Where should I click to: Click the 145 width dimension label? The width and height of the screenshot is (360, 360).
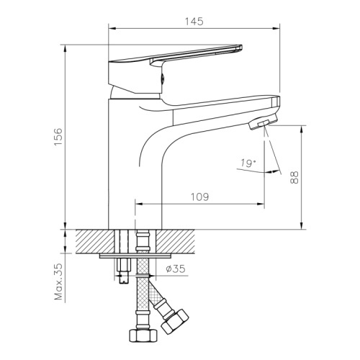194,22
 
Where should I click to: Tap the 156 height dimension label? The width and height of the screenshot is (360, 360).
58,137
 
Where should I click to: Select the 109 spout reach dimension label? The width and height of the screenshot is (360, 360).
199,197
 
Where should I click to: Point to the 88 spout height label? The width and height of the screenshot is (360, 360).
294,177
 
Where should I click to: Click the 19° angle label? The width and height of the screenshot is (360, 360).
248,163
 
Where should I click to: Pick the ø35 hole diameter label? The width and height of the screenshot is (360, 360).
176,269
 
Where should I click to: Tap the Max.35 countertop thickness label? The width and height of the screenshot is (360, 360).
58,282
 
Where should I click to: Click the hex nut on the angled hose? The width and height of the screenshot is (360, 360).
175,323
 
